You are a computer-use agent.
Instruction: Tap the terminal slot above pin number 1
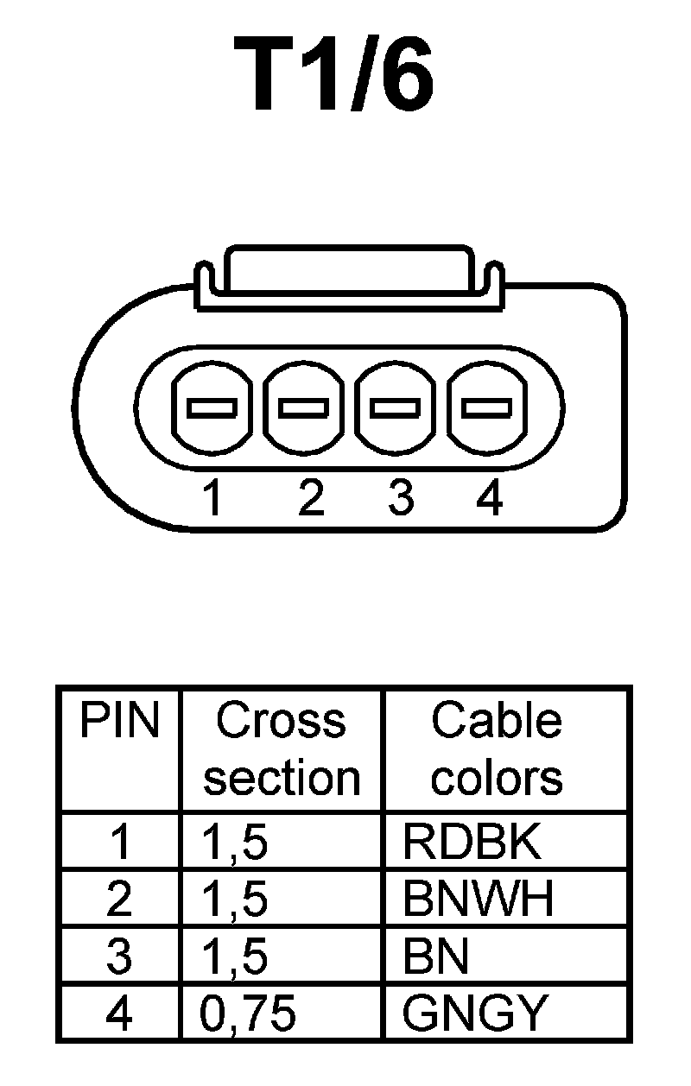[x=212, y=407]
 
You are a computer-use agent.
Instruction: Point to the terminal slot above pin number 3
[x=395, y=407]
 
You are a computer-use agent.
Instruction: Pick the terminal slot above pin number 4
[x=486, y=407]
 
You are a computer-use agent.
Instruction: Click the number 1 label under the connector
[x=212, y=498]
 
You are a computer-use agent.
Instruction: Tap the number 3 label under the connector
[x=399, y=498]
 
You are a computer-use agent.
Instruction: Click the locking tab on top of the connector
[x=348, y=278]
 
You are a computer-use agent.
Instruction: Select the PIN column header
[x=119, y=722]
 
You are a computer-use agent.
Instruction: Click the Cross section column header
[x=282, y=749]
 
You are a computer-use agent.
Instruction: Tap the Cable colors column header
[x=497, y=749]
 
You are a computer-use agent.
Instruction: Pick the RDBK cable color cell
[x=472, y=843]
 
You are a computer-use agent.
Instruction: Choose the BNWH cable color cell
[x=478, y=900]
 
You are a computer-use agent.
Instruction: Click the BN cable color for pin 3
[x=435, y=957]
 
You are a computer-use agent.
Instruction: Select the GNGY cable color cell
[x=475, y=1013]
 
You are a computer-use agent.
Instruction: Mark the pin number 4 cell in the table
[x=119, y=1013]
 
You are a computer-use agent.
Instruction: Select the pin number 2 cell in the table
[x=119, y=900]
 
